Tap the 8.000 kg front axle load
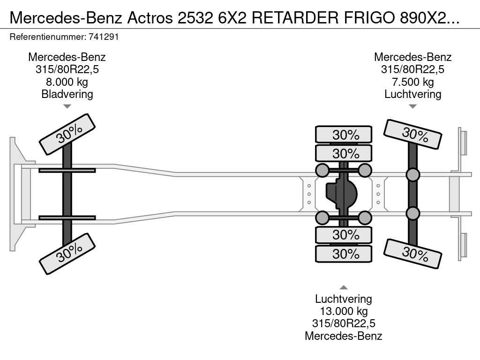click(x=67, y=82)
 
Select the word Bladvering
click(x=67, y=94)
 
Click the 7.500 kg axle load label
click(x=412, y=82)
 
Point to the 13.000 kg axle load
click(x=344, y=311)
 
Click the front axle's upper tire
click(x=67, y=134)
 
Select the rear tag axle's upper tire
click(x=412, y=135)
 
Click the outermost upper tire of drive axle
click(x=344, y=135)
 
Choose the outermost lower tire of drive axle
click(x=344, y=254)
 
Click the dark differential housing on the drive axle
click(x=342, y=195)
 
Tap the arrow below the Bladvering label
click(x=67, y=106)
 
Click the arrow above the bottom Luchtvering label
click(x=344, y=287)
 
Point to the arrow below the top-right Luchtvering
click(x=412, y=106)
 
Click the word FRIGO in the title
click(x=369, y=17)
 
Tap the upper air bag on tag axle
click(x=412, y=175)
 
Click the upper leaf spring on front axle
click(x=67, y=170)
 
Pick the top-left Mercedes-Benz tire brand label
click(x=67, y=57)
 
